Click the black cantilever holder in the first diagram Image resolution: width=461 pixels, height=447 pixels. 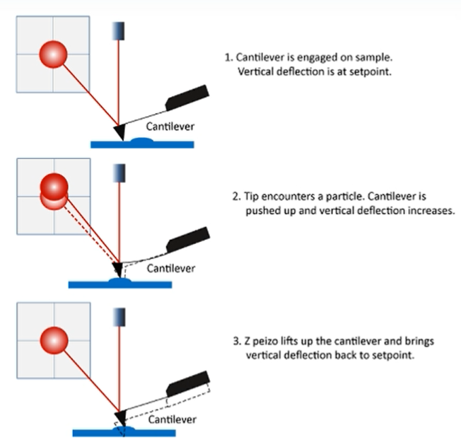[187, 98]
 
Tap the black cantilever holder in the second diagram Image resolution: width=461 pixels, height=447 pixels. [187, 239]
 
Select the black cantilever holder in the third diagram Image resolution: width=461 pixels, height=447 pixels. [188, 383]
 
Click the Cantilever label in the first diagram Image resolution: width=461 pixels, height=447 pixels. [170, 127]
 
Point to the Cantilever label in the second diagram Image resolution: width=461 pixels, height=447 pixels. [170, 268]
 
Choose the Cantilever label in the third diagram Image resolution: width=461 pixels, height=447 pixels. [170, 418]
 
